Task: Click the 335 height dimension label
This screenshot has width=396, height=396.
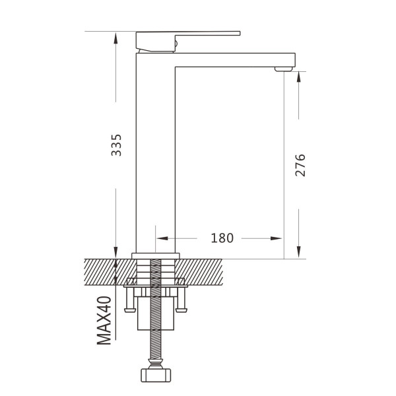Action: pyautogui.click(x=116, y=145)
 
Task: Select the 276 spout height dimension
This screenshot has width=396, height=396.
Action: pyautogui.click(x=300, y=165)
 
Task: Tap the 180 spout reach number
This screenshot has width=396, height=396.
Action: pyautogui.click(x=222, y=238)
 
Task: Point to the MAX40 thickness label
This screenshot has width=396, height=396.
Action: pyautogui.click(x=104, y=321)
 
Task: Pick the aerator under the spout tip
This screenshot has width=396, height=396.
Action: pyautogui.click(x=284, y=69)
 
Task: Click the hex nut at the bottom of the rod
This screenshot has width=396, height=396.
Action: pyautogui.click(x=156, y=376)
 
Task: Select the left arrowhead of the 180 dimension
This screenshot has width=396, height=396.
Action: pyautogui.click(x=162, y=238)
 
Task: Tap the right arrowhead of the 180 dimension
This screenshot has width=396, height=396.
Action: pyautogui.click(x=276, y=238)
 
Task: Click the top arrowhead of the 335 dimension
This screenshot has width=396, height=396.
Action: pyautogui.click(x=116, y=38)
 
